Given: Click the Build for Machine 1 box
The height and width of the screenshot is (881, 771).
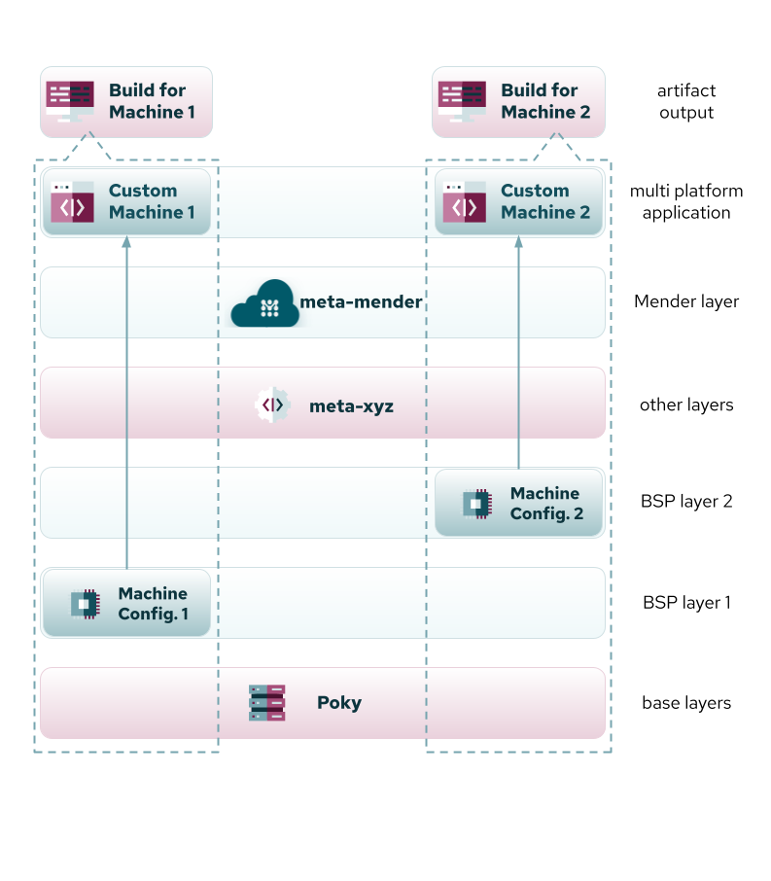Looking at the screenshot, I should (x=126, y=101).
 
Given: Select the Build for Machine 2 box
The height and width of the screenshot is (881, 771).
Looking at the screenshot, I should (x=519, y=101).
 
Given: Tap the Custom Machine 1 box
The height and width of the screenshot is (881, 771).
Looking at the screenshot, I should (x=126, y=201).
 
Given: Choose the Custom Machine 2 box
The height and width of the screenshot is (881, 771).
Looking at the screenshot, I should (x=519, y=201).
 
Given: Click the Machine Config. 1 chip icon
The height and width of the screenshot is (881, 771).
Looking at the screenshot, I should (x=85, y=604).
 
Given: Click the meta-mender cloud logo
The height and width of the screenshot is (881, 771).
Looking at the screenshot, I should (x=263, y=303).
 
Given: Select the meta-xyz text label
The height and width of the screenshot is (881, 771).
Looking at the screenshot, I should (x=351, y=405).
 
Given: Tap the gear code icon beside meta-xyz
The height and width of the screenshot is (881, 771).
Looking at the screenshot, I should (x=273, y=404).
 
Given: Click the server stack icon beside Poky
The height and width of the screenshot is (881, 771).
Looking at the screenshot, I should (x=267, y=702).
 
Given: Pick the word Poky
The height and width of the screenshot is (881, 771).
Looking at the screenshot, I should (x=339, y=703).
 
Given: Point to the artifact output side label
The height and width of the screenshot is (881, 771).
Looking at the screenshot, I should (x=685, y=101).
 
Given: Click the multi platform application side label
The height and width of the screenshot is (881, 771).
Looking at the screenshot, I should (x=685, y=201).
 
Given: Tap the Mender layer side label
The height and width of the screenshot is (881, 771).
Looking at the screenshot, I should (x=685, y=301).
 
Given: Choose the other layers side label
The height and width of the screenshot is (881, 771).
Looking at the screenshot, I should (x=685, y=405).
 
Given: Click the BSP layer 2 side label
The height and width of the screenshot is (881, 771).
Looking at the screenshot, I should (x=685, y=503).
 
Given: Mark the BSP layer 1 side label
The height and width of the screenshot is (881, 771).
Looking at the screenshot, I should (x=685, y=603).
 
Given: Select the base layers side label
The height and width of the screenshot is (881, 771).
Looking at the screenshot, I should (x=685, y=703).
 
